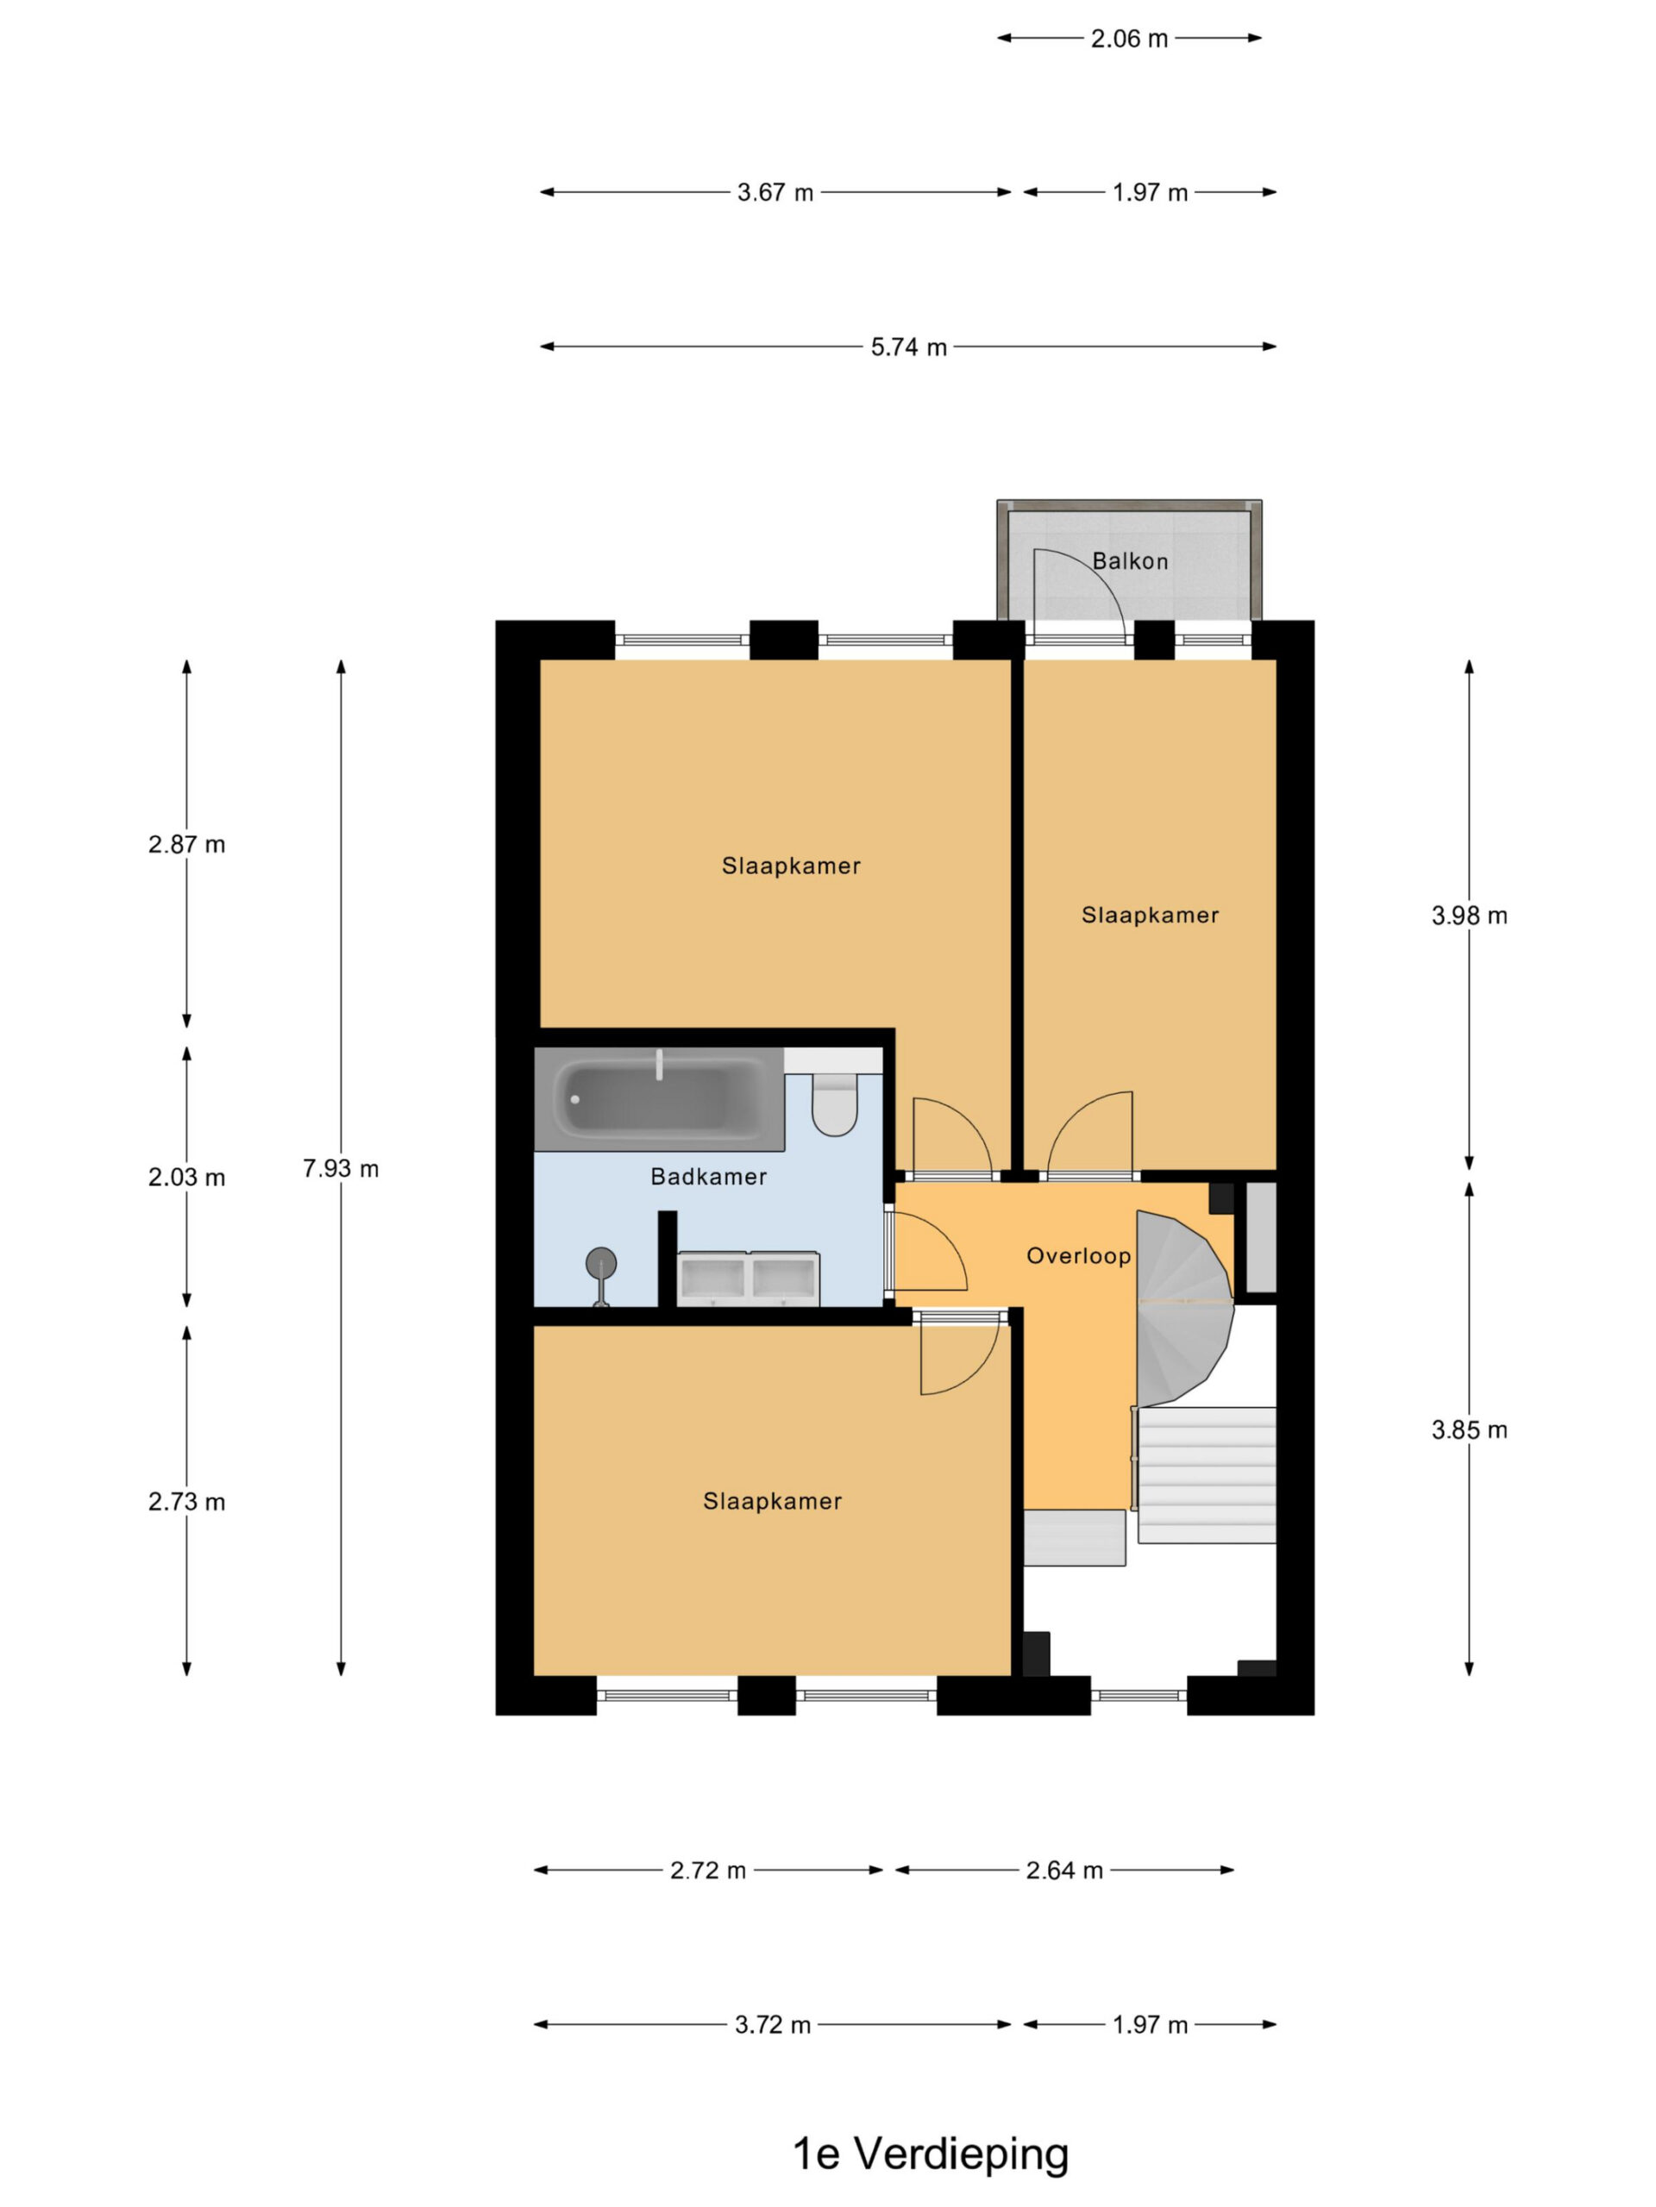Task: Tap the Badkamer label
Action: [x=708, y=1176]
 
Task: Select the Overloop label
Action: [x=1078, y=1255]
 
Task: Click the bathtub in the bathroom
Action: [x=659, y=1099]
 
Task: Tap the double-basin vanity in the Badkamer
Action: [x=749, y=1279]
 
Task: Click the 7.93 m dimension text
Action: [x=341, y=1168]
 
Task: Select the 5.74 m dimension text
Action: [x=908, y=347]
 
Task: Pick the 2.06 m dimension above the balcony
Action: [x=1129, y=39]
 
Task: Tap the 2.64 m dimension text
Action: [x=1064, y=1871]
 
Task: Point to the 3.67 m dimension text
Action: [x=775, y=192]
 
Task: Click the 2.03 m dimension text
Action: [x=186, y=1178]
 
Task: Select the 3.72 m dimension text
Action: [x=773, y=2025]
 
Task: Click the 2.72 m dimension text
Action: [x=708, y=1871]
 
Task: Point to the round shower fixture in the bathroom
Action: [x=601, y=1264]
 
